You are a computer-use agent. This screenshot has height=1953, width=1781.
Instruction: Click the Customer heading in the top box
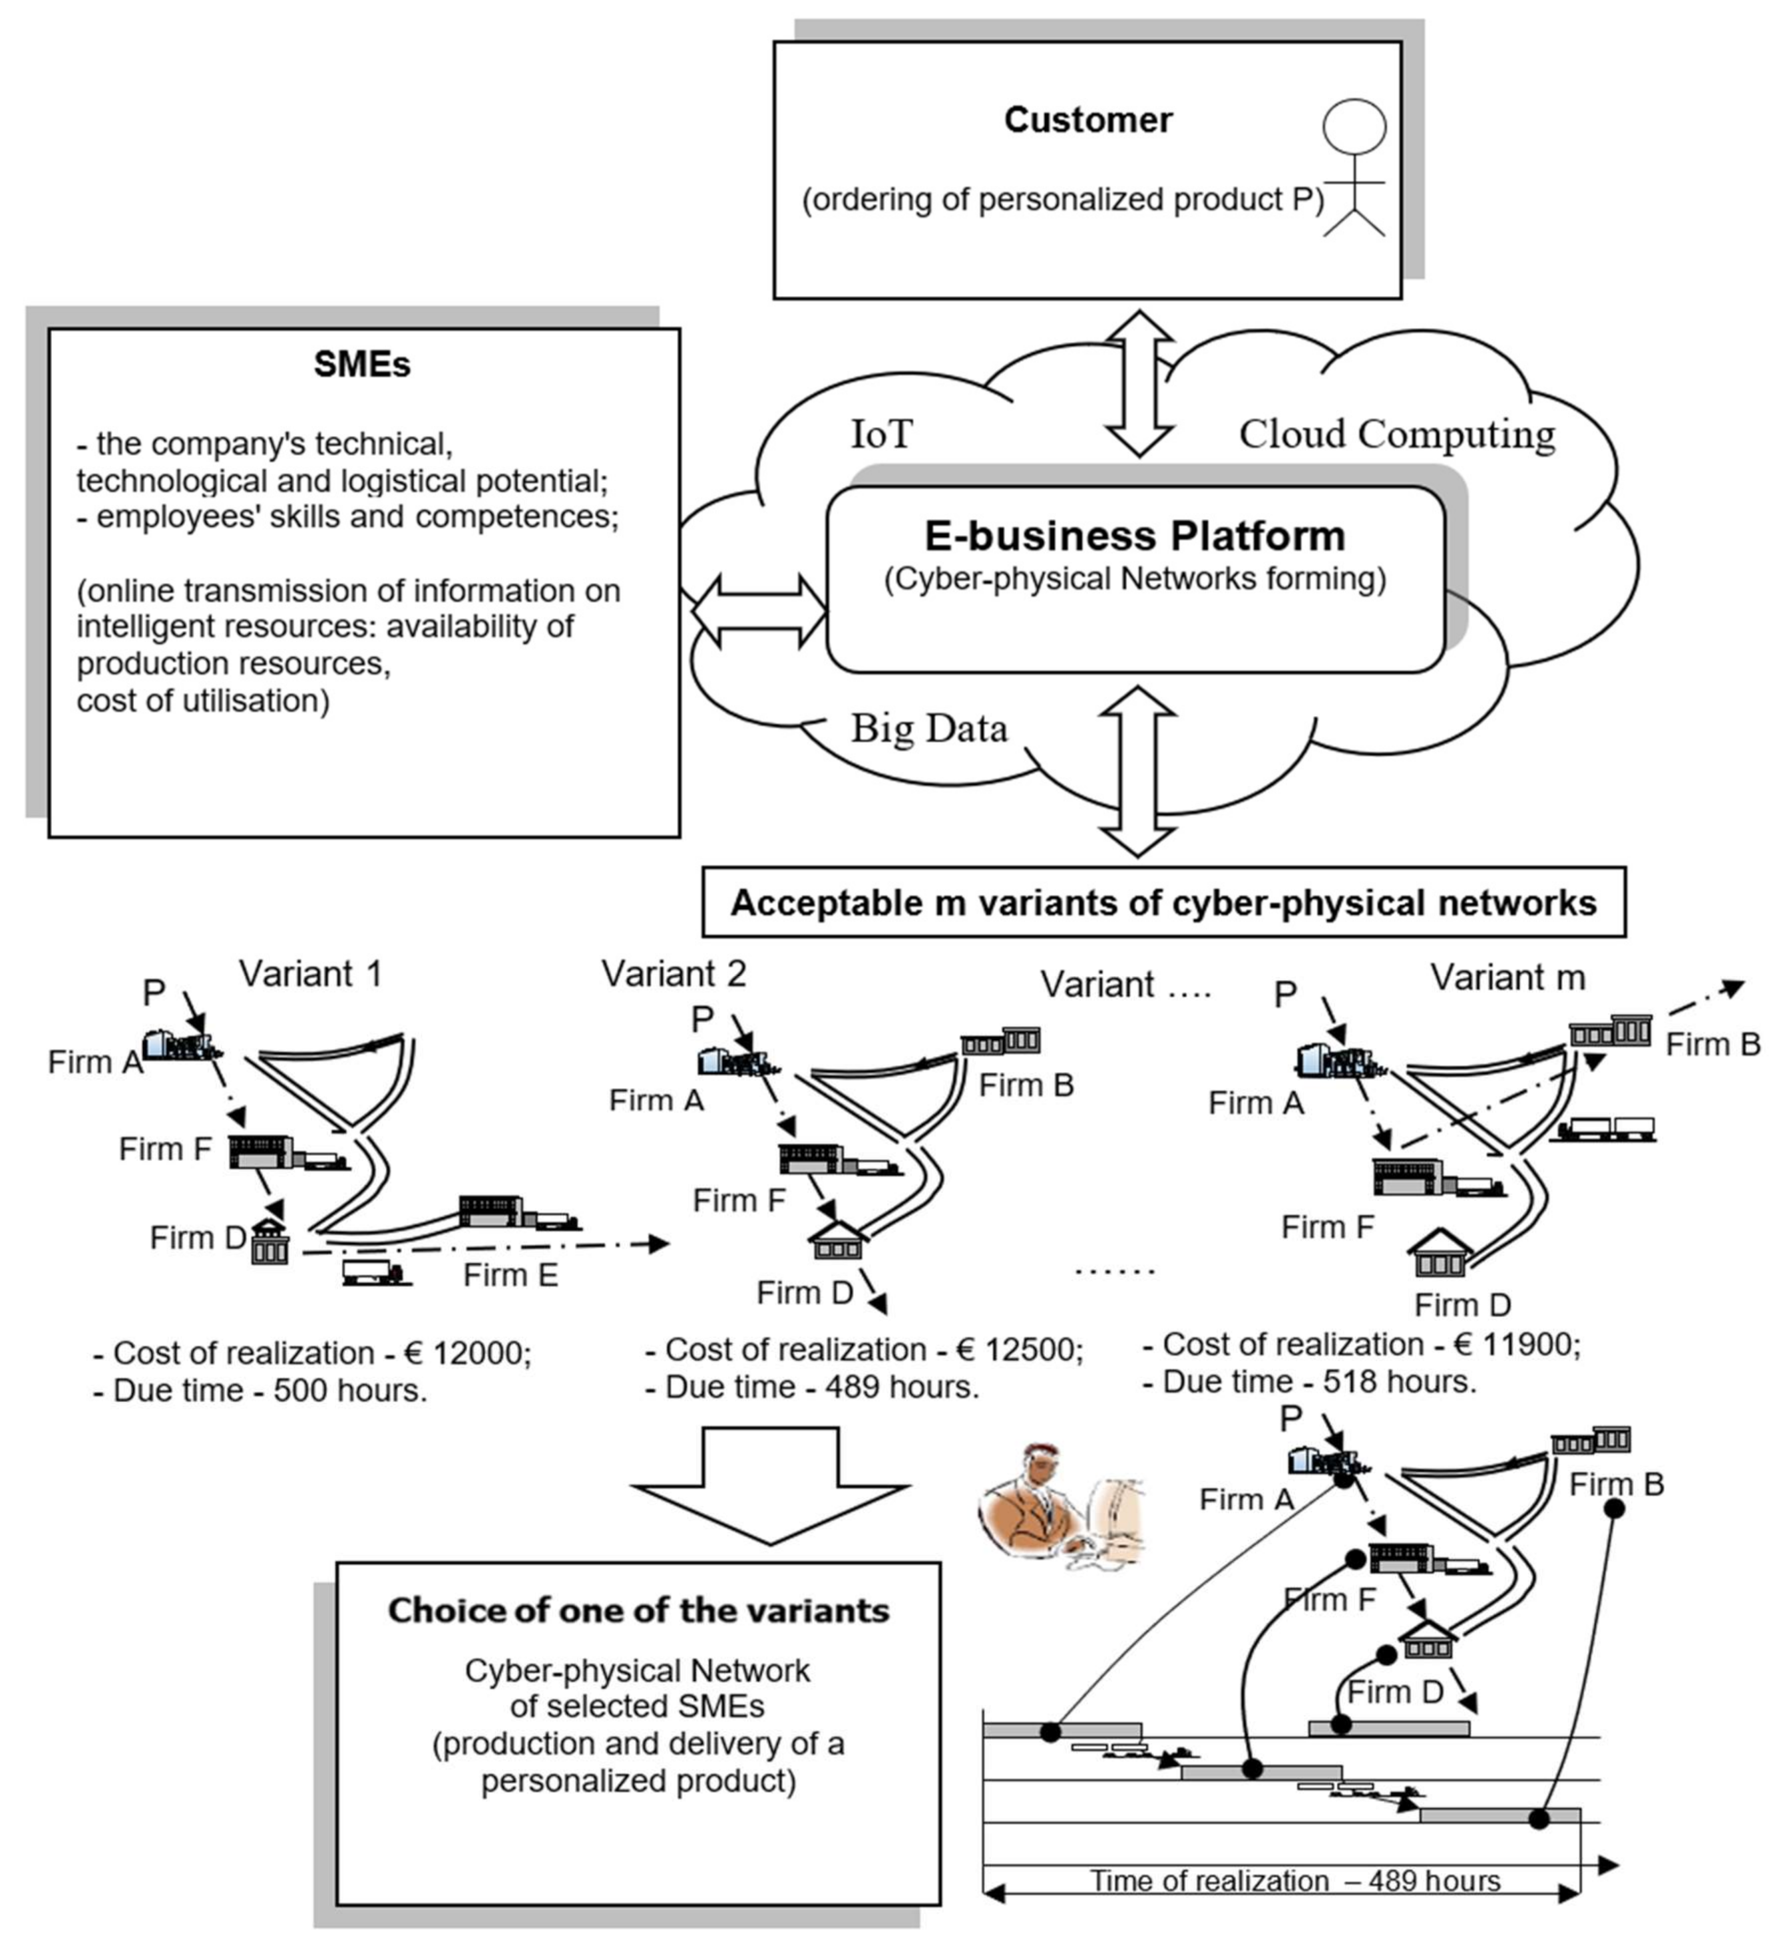[x=1088, y=120]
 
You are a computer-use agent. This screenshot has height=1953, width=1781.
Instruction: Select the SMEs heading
[x=361, y=364]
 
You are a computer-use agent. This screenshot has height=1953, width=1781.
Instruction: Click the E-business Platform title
[x=1135, y=536]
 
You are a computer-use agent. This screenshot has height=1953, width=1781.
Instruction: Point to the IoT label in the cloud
[x=881, y=434]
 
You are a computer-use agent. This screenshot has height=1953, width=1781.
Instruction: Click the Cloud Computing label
[x=1396, y=434]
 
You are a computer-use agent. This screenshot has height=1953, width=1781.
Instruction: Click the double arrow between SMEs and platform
[x=759, y=610]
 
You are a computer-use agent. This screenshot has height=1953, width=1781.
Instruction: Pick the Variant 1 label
[x=310, y=974]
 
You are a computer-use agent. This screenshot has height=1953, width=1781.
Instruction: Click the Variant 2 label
[x=674, y=974]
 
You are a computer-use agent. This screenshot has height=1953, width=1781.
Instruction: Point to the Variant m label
[x=1507, y=977]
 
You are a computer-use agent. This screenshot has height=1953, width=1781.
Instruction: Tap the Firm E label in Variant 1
[x=510, y=1275]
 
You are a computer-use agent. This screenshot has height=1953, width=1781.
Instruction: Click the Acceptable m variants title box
[x=1163, y=903]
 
